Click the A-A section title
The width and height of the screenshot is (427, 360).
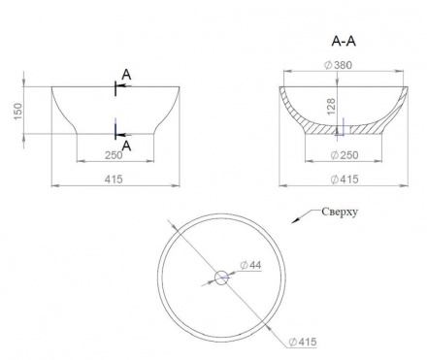tap(344, 42)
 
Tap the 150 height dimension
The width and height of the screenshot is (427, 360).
tap(18, 111)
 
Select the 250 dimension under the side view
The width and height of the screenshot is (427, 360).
tap(114, 155)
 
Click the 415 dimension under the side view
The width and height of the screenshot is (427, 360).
tap(114, 179)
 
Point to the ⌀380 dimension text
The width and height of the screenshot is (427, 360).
tap(338, 65)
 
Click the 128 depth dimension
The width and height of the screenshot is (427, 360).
tap(331, 107)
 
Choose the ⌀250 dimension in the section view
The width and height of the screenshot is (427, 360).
tap(345, 155)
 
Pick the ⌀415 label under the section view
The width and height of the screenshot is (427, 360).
tap(345, 179)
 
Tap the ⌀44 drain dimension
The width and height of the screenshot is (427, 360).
tap(250, 265)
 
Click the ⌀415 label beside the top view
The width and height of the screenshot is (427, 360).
tap(303, 342)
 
